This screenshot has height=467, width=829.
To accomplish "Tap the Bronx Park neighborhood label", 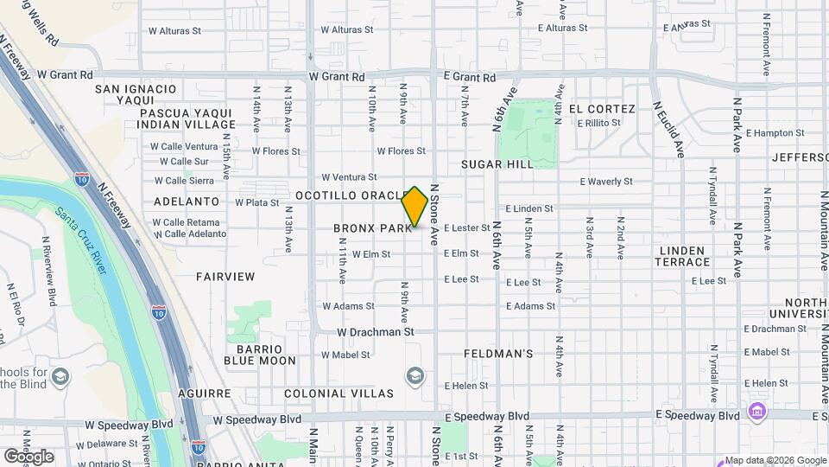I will pyautogui.click(x=372, y=228).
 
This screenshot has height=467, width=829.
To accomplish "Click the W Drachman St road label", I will pyautogui.click(x=376, y=331).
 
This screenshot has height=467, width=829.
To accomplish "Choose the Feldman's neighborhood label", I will pyautogui.click(x=498, y=354).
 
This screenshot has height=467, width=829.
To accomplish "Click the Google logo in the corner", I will pyautogui.click(x=29, y=456).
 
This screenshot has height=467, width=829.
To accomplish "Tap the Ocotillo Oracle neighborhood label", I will pyautogui.click(x=351, y=195).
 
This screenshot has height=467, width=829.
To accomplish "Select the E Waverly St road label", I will pyautogui.click(x=606, y=182).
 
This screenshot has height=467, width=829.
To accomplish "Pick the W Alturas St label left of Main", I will pyautogui.click(x=174, y=29).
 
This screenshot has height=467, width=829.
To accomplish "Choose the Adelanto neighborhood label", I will pyautogui.click(x=187, y=201).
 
